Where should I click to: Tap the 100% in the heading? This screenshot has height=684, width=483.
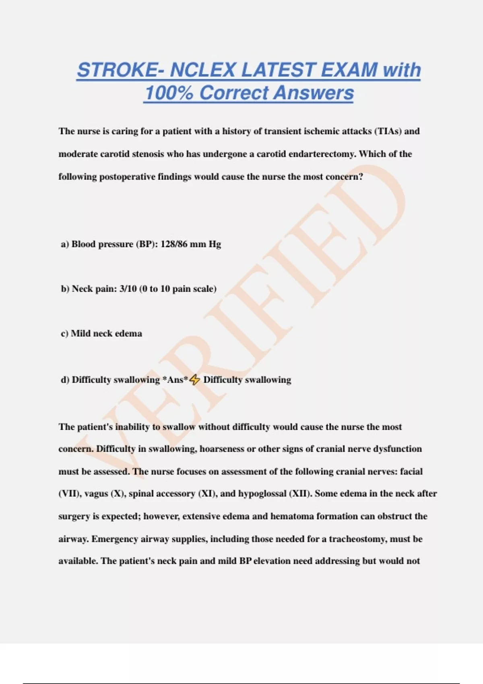coord(169,93)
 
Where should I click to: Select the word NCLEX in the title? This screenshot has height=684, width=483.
coord(203,70)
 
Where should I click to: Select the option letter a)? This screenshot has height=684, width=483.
coord(65,244)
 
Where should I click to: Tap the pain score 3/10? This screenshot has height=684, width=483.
coord(128,289)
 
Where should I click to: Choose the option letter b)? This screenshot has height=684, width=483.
coord(65,289)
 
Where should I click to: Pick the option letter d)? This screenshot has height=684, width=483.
coord(65,380)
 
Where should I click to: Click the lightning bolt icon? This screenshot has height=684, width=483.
coord(195,380)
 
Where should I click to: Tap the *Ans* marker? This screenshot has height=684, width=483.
coord(175,380)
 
